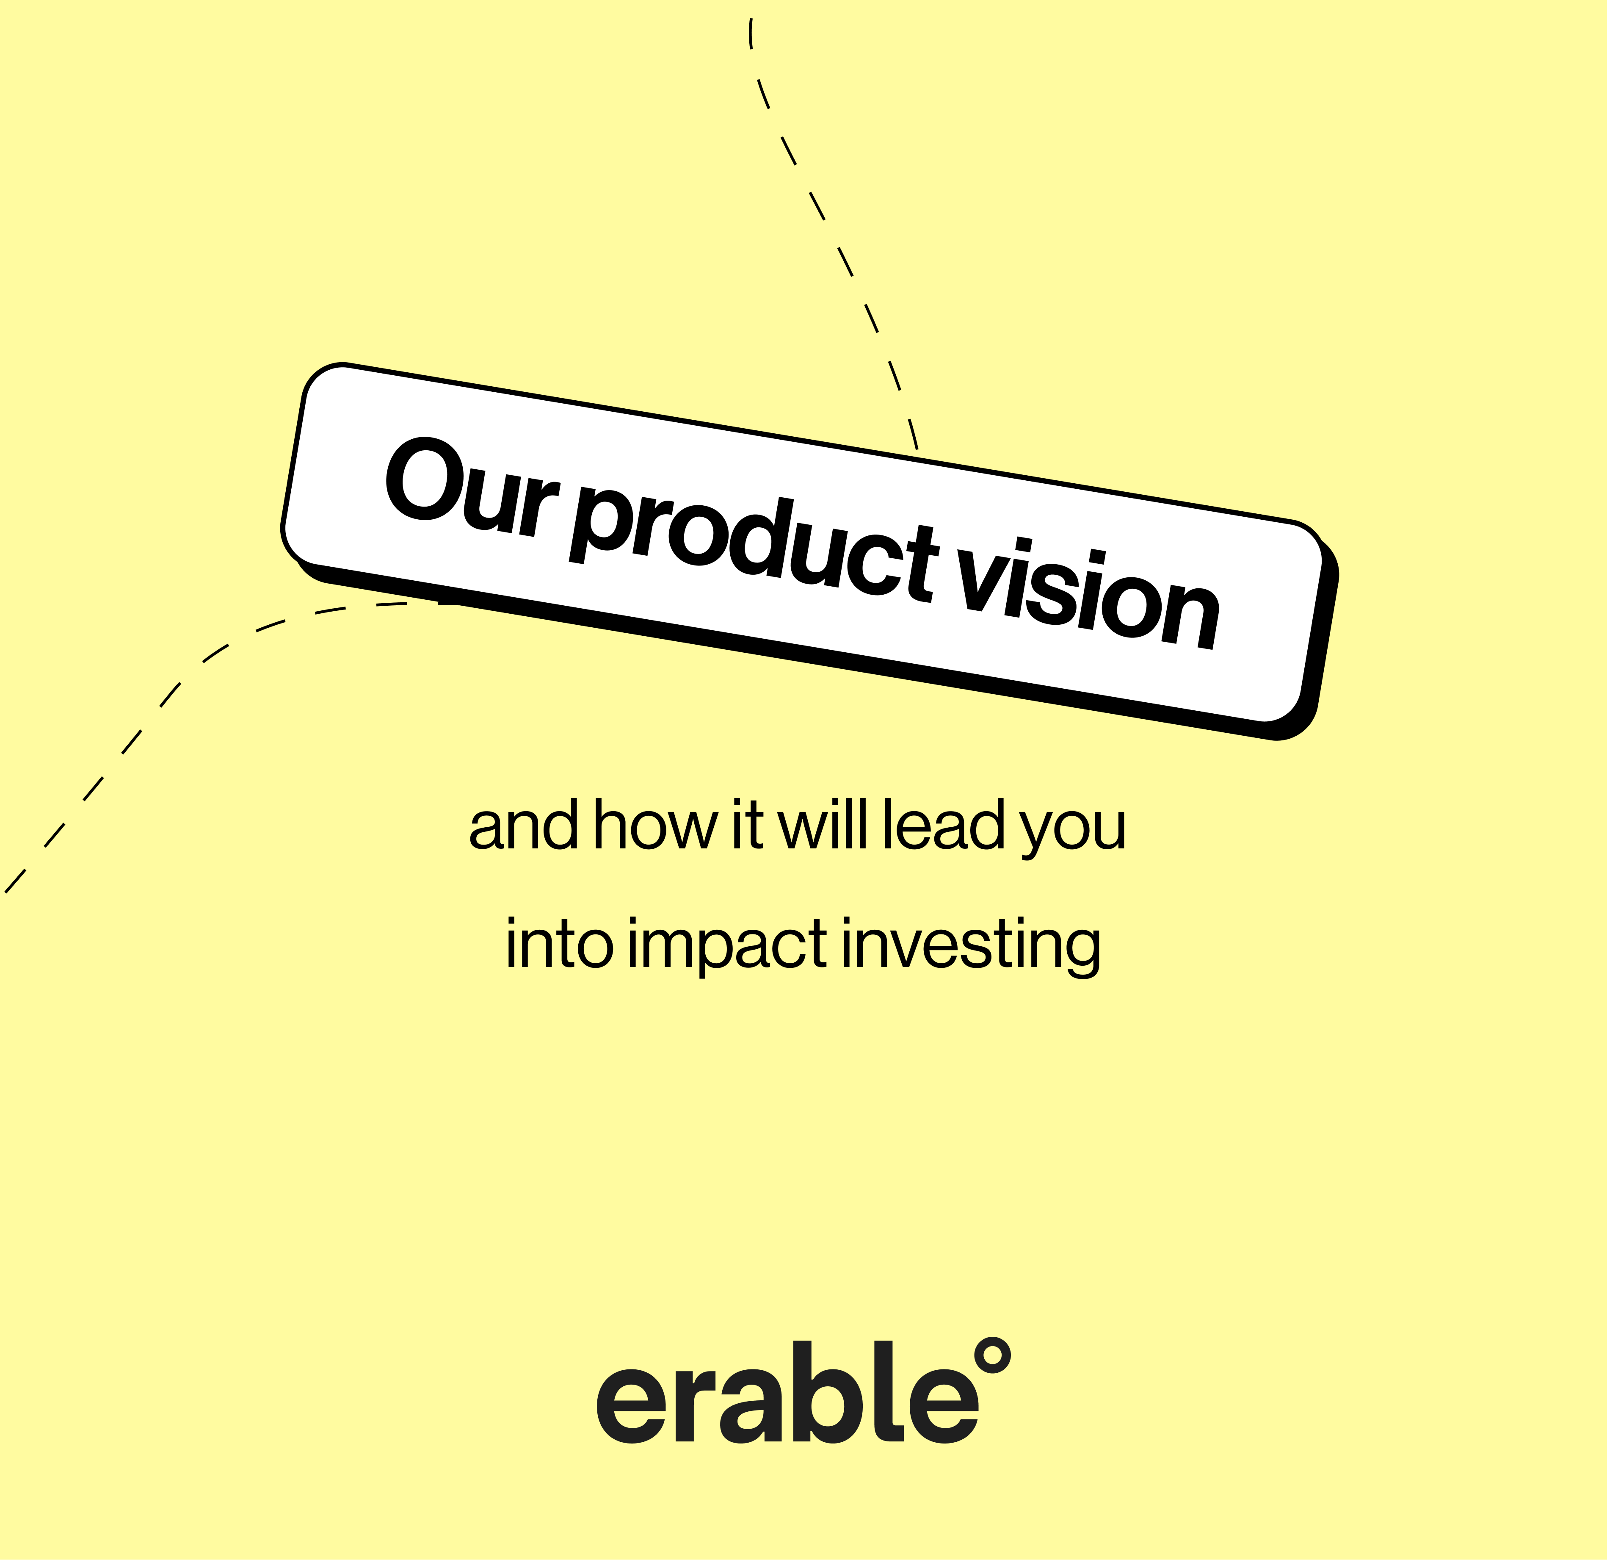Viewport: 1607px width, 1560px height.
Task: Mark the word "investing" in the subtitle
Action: coord(970,948)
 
